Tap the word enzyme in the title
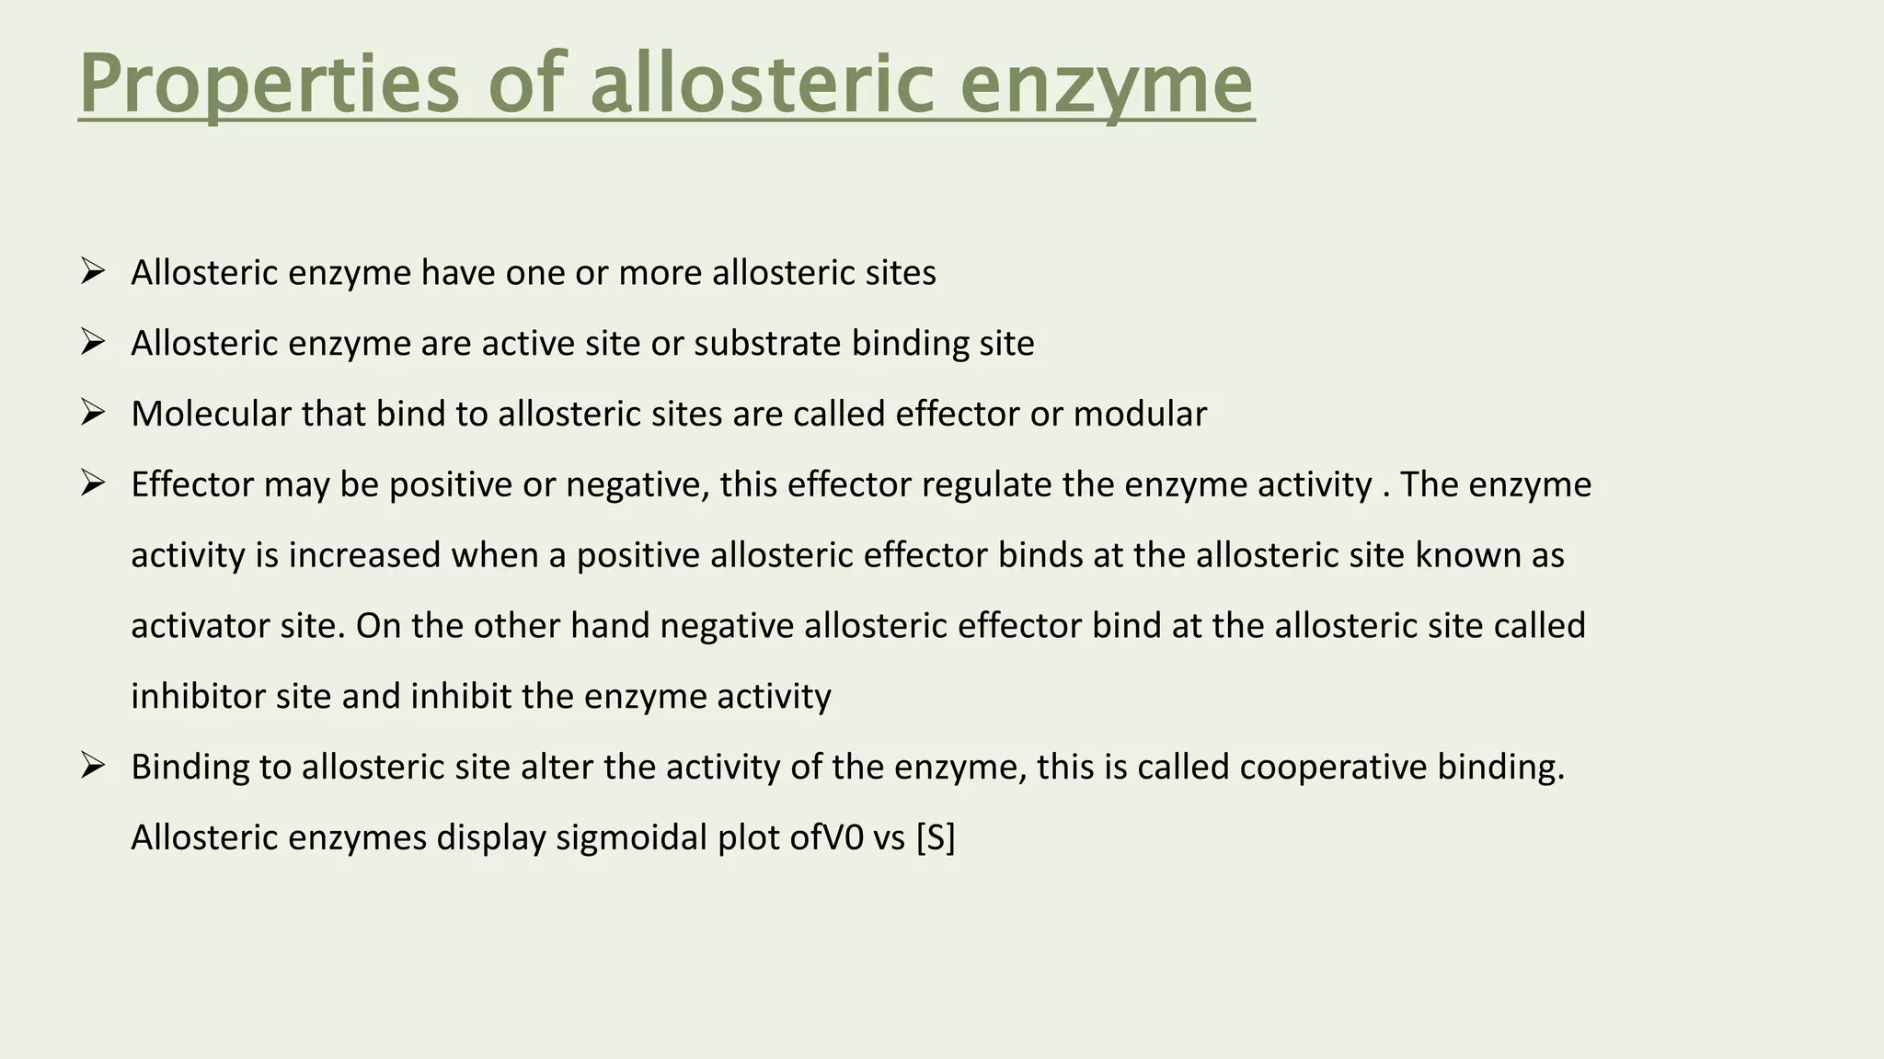pyautogui.click(x=1107, y=85)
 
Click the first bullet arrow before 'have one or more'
pyautogui.click(x=93, y=272)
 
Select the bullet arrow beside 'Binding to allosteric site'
pyautogui.click(x=93, y=766)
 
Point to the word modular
pyautogui.click(x=1140, y=414)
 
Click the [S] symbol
pyautogui.click(x=936, y=837)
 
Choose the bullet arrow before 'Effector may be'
pyautogui.click(x=93, y=484)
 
